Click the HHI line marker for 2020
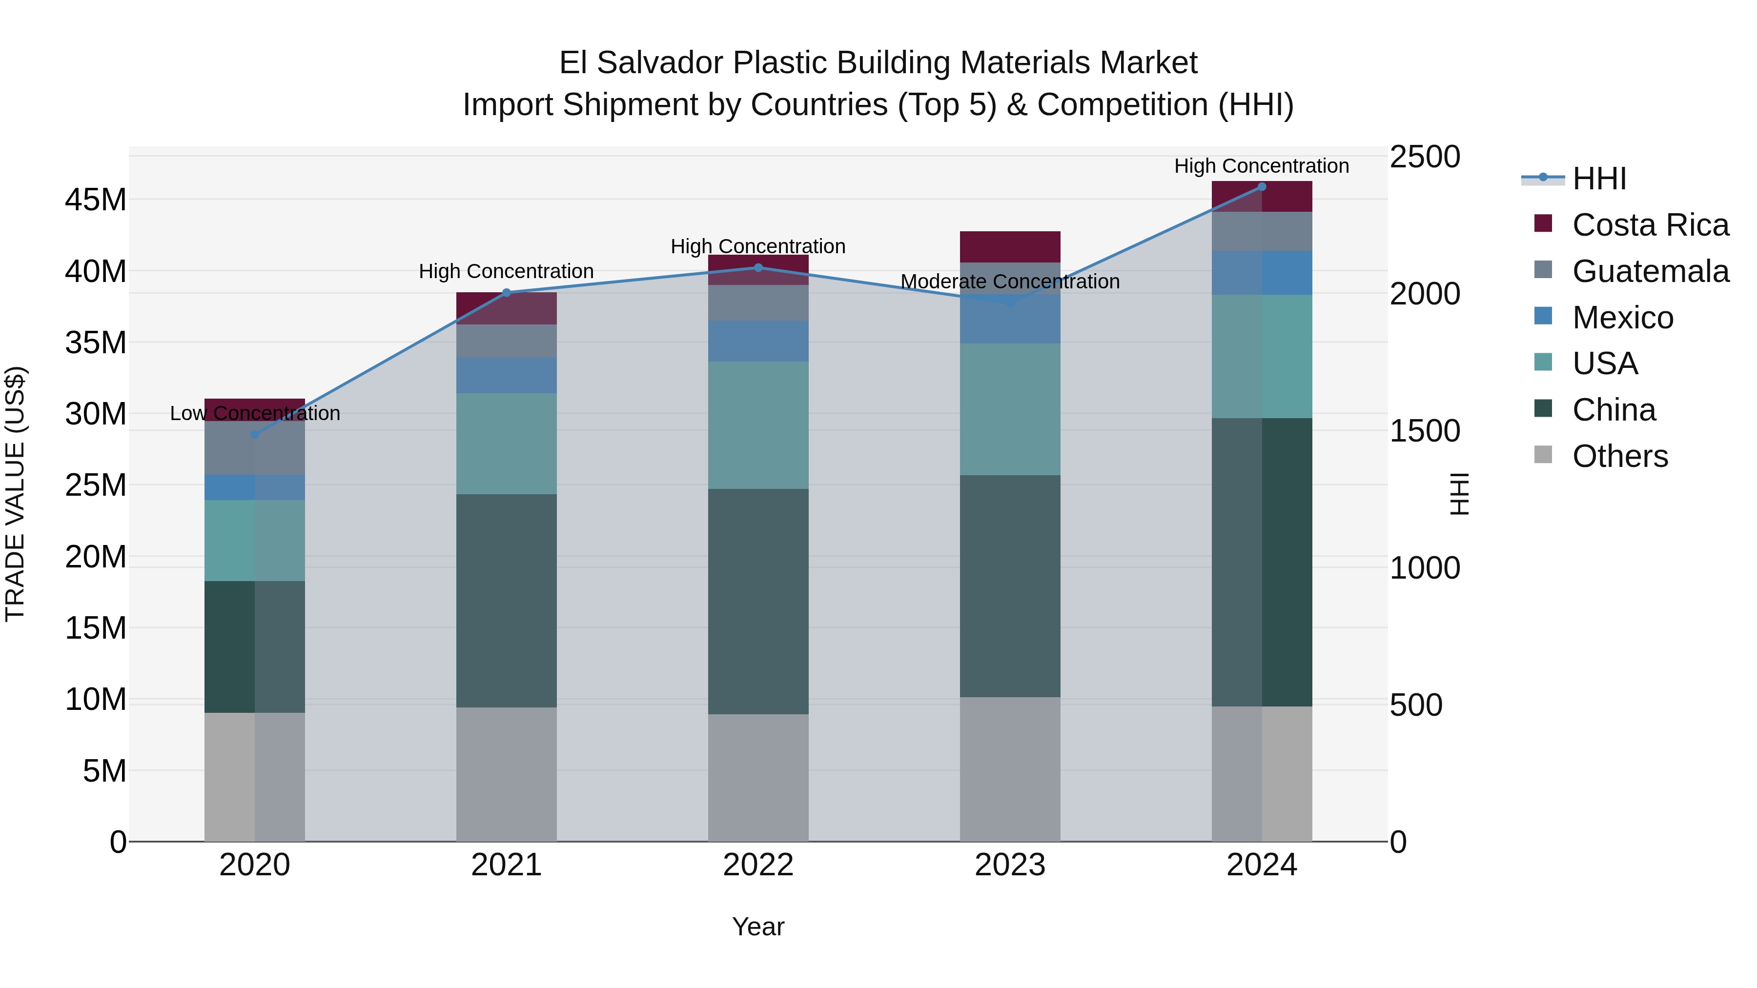point(255,434)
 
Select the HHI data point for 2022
point(758,267)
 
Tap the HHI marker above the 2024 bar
point(1262,187)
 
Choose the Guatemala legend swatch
point(1543,270)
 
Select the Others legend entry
point(1620,456)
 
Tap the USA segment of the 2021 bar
point(506,443)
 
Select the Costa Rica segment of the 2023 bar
point(1010,247)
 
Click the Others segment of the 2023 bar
point(1010,769)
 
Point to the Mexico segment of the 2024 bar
point(1262,273)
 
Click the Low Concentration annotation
point(255,413)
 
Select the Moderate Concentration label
point(1010,282)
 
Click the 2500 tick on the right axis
point(1425,157)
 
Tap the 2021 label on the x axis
point(506,865)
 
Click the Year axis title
point(758,927)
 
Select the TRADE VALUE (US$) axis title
point(15,494)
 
